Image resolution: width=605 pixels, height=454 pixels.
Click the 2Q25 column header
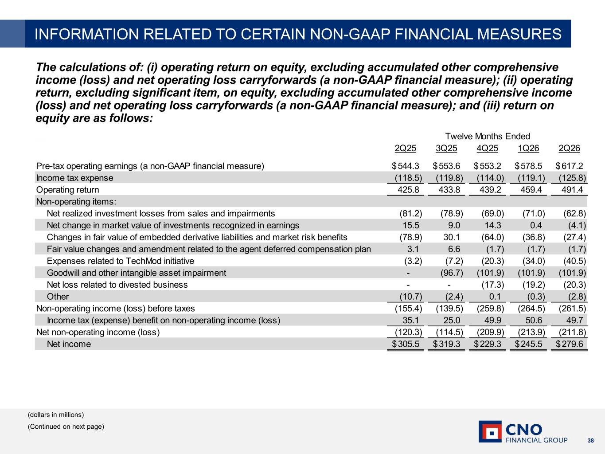(x=405, y=148)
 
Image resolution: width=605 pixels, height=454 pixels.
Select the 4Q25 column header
(x=487, y=148)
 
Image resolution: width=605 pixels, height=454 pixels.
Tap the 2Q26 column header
(x=569, y=148)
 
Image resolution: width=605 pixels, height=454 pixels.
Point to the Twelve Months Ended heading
(x=488, y=136)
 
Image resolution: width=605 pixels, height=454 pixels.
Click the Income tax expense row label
(x=75, y=178)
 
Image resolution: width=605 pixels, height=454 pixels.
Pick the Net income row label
(x=69, y=344)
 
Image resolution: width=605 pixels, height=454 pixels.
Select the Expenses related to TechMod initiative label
(x=121, y=261)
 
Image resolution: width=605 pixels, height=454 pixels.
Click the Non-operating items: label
(x=76, y=201)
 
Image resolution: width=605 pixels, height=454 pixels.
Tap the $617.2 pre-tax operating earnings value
(x=570, y=166)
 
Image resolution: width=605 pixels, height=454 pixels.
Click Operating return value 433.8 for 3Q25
(x=449, y=190)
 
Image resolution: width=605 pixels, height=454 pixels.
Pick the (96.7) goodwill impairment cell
(x=452, y=273)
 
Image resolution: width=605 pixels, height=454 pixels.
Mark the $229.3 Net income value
(x=487, y=344)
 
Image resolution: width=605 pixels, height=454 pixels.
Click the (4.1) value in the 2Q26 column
(x=577, y=225)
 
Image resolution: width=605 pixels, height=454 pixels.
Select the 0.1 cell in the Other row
(x=495, y=296)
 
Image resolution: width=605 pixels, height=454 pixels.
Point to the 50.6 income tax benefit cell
(x=534, y=320)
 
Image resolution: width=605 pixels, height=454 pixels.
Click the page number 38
(x=590, y=441)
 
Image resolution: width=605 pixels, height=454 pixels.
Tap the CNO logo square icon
(x=490, y=431)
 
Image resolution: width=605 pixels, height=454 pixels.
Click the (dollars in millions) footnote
(x=56, y=415)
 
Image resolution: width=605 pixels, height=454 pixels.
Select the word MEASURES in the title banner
(x=519, y=34)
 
